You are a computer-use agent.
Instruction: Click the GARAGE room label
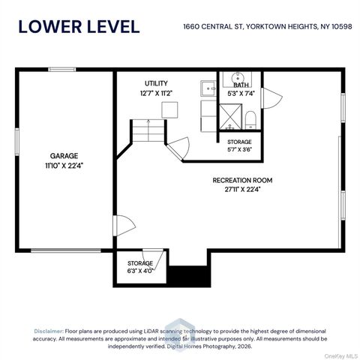coord(64,156)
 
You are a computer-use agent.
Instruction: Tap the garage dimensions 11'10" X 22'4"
coord(64,166)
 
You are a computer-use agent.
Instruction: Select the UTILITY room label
coord(156,83)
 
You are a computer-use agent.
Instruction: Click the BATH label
coord(241,85)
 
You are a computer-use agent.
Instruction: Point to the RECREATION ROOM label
coord(242,180)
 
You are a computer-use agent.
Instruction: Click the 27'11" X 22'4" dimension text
coord(242,190)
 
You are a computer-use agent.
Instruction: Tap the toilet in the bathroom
coord(250,120)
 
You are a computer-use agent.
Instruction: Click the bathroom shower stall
coord(230,117)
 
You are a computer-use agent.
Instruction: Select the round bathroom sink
coord(236,77)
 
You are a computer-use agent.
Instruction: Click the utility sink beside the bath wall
coord(208,88)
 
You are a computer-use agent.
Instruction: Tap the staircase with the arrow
coord(148,130)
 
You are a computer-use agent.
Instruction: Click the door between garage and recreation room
coord(124,226)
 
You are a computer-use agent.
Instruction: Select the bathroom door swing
coord(271,98)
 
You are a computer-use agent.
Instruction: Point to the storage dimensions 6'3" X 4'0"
coord(140,271)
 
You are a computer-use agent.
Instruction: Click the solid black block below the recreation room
coord(189,276)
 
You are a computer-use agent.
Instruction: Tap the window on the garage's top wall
coord(62,70)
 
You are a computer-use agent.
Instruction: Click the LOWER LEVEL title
coord(79,27)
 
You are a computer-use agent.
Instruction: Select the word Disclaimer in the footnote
coord(49,331)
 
